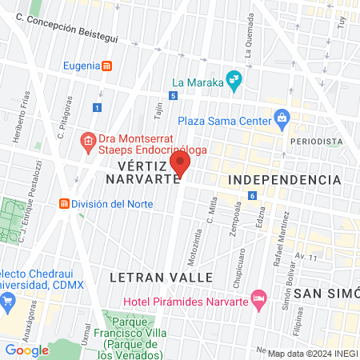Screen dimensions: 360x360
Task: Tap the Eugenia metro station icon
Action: tap(107, 66)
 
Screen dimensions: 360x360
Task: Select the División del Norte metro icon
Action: tap(63, 203)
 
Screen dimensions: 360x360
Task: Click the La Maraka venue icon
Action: tap(234, 79)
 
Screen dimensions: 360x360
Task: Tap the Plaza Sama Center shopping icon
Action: tap(281, 119)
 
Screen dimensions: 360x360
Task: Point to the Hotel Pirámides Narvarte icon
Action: tap(258, 302)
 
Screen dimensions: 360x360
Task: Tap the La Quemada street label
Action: tap(250, 44)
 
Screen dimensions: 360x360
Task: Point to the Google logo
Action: tap(26, 350)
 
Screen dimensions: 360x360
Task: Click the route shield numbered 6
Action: tap(252, 196)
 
